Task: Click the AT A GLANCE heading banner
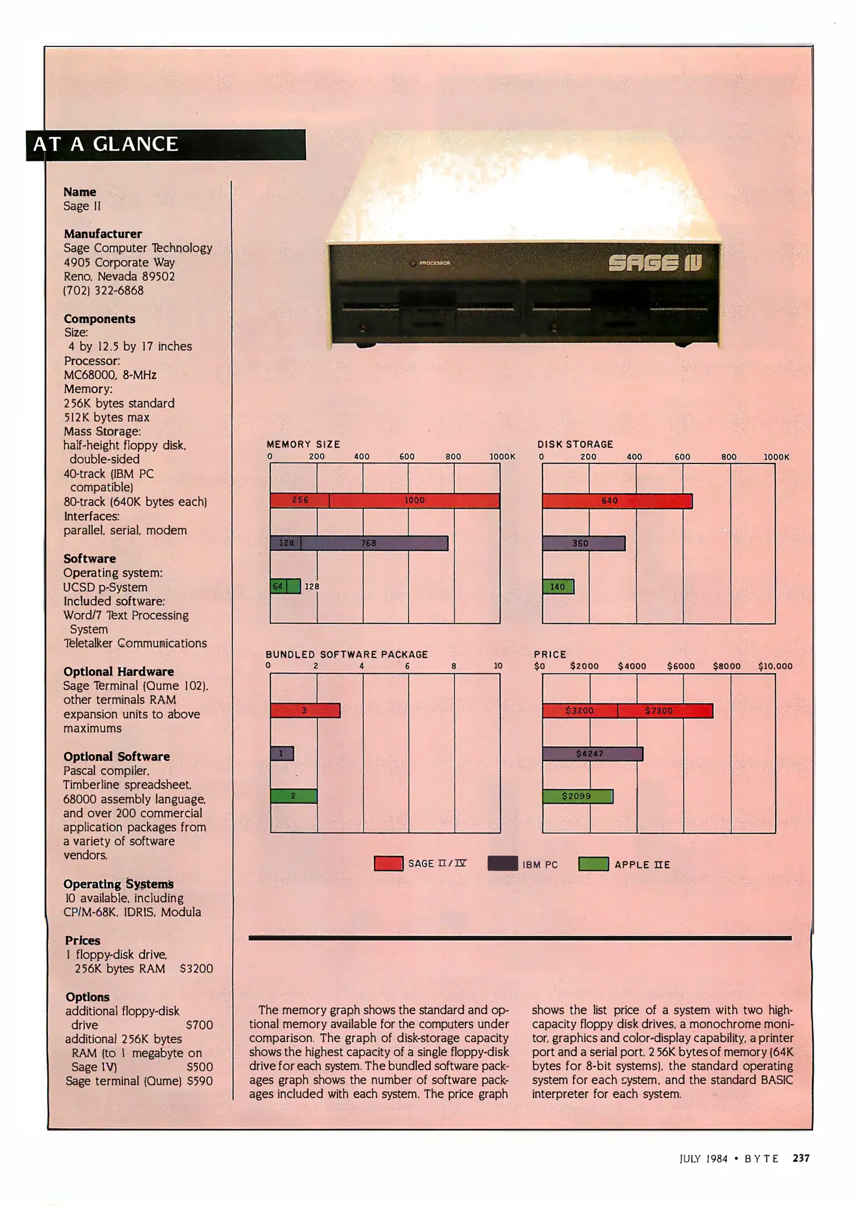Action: click(166, 145)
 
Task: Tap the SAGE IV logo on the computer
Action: click(655, 263)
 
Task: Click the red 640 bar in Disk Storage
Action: click(617, 501)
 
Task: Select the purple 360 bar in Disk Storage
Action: click(584, 543)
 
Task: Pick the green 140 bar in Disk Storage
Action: click(558, 586)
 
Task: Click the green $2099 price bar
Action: click(578, 796)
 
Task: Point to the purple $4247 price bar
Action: click(593, 754)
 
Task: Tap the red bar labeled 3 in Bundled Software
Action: click(305, 710)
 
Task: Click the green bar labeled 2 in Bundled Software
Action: click(294, 796)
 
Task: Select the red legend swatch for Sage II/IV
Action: click(388, 864)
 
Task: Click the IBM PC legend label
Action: click(540, 865)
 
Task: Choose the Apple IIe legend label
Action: click(642, 865)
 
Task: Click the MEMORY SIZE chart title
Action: click(303, 444)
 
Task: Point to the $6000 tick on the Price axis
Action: click(681, 666)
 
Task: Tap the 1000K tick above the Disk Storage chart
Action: click(776, 457)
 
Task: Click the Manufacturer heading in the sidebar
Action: click(103, 234)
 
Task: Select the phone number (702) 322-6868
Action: click(103, 290)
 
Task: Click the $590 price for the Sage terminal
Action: click(200, 1081)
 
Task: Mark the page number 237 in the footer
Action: click(801, 1159)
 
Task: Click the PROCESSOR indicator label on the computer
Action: click(434, 263)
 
